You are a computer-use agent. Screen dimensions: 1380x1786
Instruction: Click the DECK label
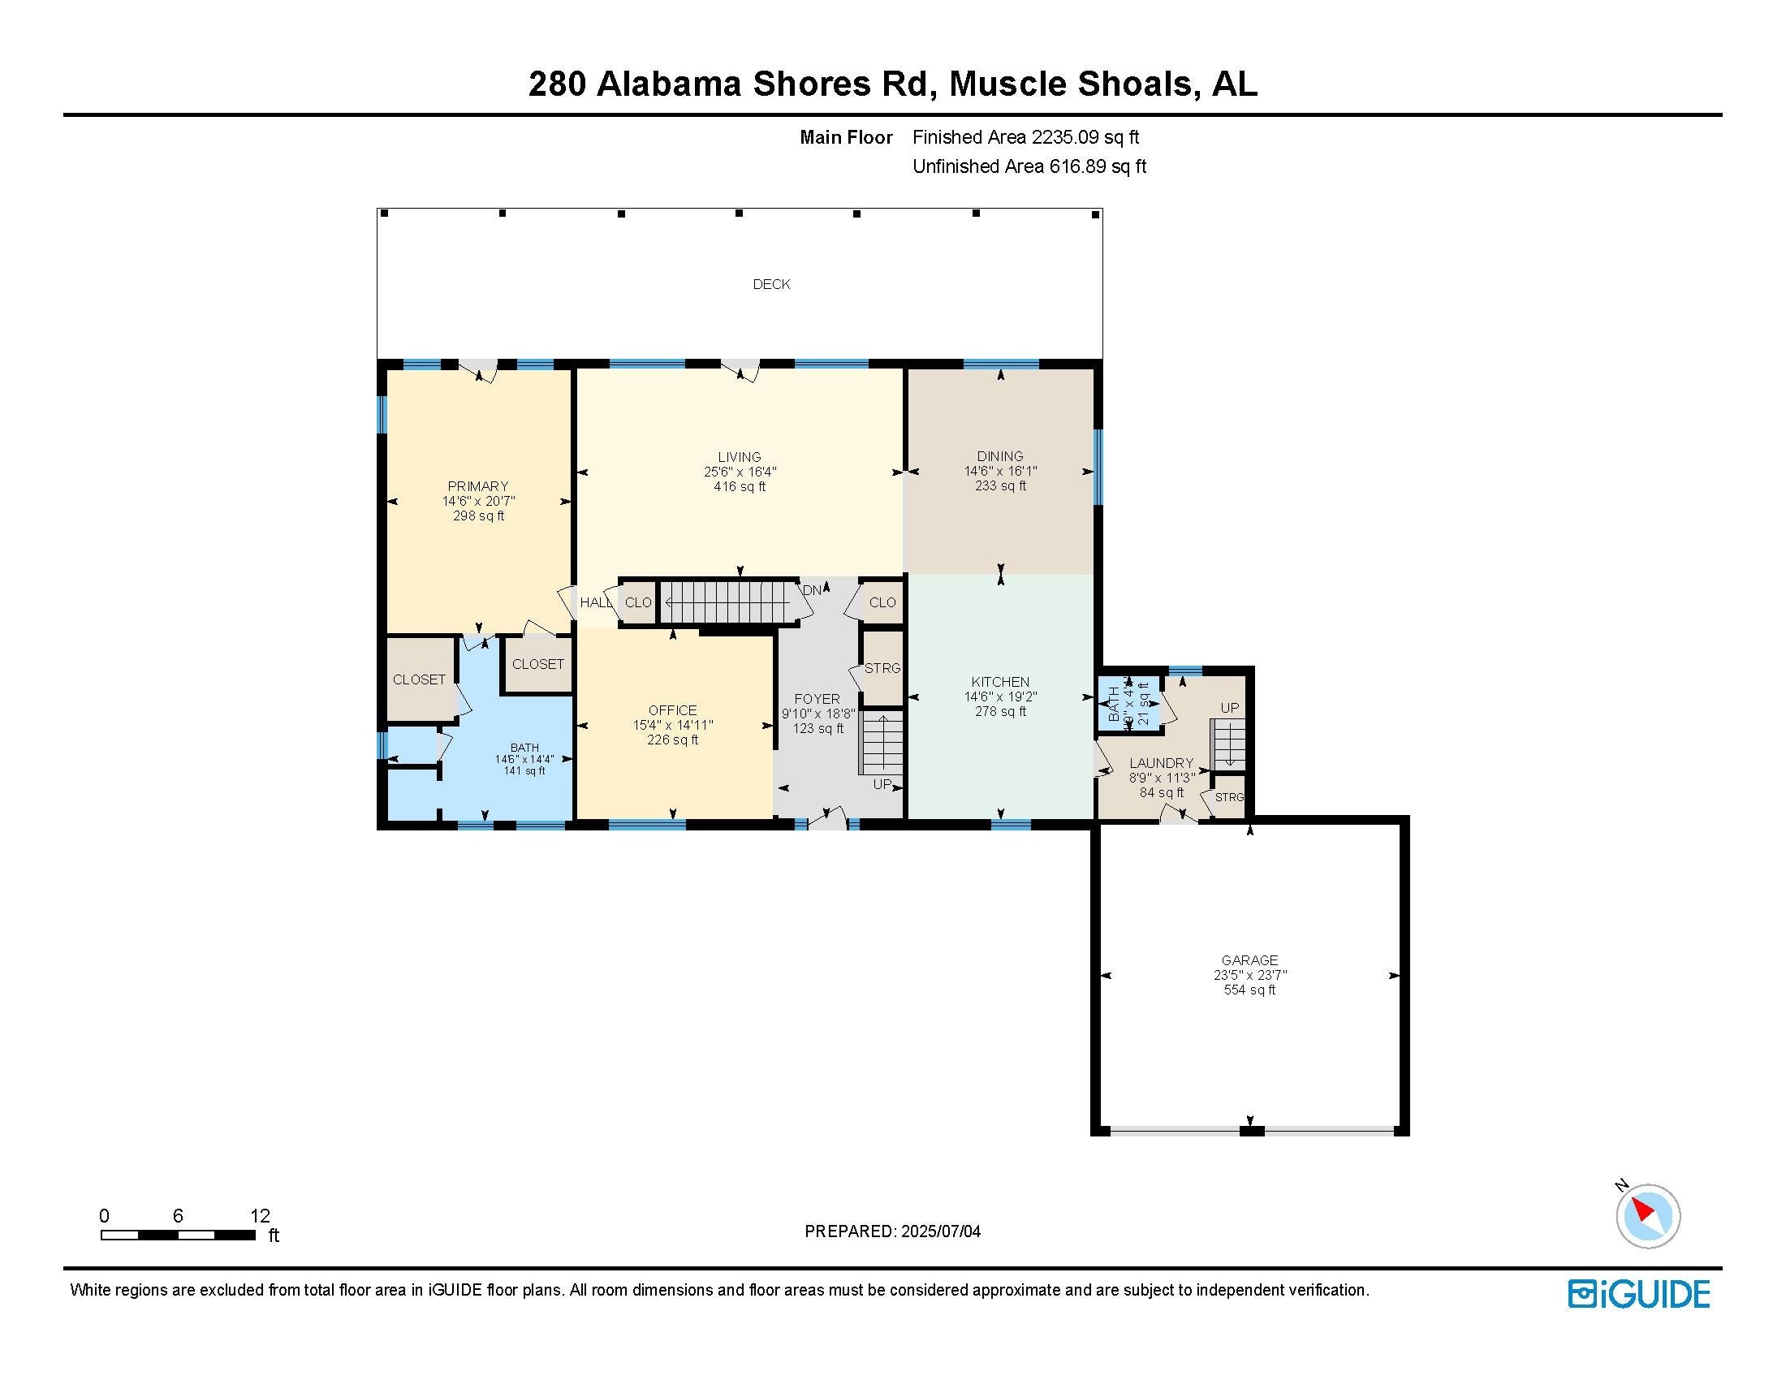pos(771,284)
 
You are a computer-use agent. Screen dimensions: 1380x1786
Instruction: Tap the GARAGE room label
pos(1249,960)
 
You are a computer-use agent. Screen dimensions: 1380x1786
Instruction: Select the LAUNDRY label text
pos(1161,763)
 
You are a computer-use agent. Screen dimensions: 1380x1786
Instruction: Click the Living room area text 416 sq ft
pos(740,487)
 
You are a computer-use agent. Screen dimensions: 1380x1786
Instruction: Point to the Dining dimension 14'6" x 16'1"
pos(1000,471)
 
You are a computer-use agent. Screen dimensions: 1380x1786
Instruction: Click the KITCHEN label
pos(1000,682)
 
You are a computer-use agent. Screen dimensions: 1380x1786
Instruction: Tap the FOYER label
pos(816,699)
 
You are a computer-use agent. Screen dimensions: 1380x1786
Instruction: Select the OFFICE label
pos(672,710)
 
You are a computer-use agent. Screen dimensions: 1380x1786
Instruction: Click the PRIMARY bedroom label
pos(477,486)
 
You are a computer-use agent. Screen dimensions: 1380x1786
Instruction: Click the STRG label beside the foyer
pos(882,668)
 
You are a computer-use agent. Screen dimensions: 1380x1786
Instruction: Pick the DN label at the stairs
pos(812,590)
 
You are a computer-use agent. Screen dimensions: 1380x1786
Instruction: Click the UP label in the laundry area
pos(1229,708)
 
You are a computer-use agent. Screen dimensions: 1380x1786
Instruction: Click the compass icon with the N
pos(1647,1215)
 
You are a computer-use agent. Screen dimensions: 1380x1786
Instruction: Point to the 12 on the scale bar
pos(259,1216)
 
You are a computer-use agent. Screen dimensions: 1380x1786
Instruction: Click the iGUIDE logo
pos(1638,1294)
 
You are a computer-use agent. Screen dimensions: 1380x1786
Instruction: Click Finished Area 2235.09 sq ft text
pos(1025,137)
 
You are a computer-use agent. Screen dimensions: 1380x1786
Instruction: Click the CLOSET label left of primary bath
pos(419,679)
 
